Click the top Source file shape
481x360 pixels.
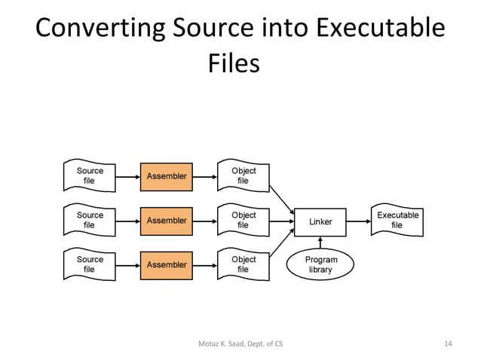pyautogui.click(x=90, y=176)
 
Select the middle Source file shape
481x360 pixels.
pyautogui.click(x=90, y=220)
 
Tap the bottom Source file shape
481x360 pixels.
pyautogui.click(x=90, y=264)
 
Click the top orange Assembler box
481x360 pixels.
pyautogui.click(x=167, y=176)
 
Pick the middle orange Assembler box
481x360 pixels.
pyautogui.click(x=167, y=221)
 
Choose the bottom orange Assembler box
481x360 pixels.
pyautogui.click(x=167, y=264)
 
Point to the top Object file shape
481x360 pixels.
pyautogui.click(x=243, y=176)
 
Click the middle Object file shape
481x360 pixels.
pyautogui.click(x=243, y=220)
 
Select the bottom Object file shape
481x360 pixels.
pyautogui.click(x=243, y=264)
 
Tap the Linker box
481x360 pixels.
pyautogui.click(x=320, y=221)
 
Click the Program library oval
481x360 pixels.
pyautogui.click(x=320, y=264)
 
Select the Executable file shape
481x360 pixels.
pyautogui.click(x=397, y=220)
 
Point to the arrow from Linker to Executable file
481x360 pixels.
pyautogui.click(x=358, y=221)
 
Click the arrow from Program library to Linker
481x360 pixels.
pyautogui.click(x=320, y=242)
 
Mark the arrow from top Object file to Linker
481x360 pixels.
pyautogui.click(x=281, y=199)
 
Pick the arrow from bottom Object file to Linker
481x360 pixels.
pyautogui.click(x=281, y=244)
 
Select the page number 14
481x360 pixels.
pyautogui.click(x=448, y=344)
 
